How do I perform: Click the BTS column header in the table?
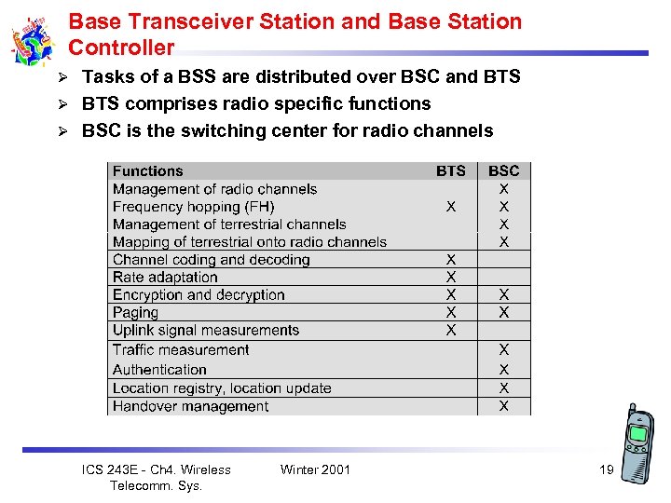click(451, 171)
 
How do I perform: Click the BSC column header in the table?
click(504, 171)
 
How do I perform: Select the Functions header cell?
click(148, 171)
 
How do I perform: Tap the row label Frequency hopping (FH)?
click(193, 207)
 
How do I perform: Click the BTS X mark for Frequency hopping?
click(451, 207)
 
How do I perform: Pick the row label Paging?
click(135, 313)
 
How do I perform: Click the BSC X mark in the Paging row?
click(504, 313)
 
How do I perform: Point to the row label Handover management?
click(190, 406)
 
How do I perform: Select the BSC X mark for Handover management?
click(504, 406)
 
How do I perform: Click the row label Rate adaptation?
click(165, 278)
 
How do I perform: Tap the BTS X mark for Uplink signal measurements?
click(451, 331)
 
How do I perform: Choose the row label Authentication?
click(159, 370)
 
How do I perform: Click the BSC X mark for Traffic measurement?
click(504, 350)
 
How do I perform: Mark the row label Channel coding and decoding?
click(211, 260)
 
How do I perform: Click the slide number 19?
click(606, 469)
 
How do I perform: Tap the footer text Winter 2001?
click(315, 469)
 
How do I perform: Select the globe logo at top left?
click(34, 42)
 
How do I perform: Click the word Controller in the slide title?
click(121, 48)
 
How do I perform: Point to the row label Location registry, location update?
click(222, 388)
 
